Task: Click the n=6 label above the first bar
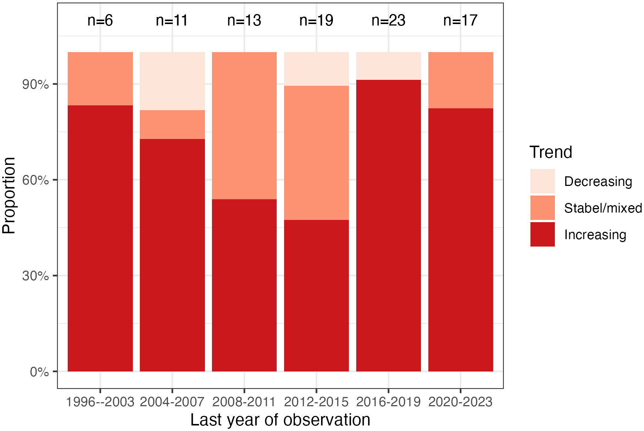(100, 20)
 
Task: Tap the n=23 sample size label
(388, 20)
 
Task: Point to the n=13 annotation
(244, 20)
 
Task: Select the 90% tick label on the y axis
(36, 84)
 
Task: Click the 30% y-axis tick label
(36, 276)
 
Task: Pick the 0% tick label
(39, 371)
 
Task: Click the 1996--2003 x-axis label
(100, 402)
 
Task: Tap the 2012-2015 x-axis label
(316, 402)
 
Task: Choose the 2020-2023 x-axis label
(460, 402)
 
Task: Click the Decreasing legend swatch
(542, 181)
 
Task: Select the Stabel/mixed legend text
(603, 208)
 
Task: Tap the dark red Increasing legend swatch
(542, 234)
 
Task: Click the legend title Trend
(551, 152)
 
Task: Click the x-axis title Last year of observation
(280, 420)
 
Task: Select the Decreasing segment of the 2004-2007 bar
(172, 81)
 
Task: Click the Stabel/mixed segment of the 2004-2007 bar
(172, 125)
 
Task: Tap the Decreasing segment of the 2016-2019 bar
(388, 66)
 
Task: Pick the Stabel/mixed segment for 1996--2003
(100, 79)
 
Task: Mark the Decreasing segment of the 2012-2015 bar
(316, 69)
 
